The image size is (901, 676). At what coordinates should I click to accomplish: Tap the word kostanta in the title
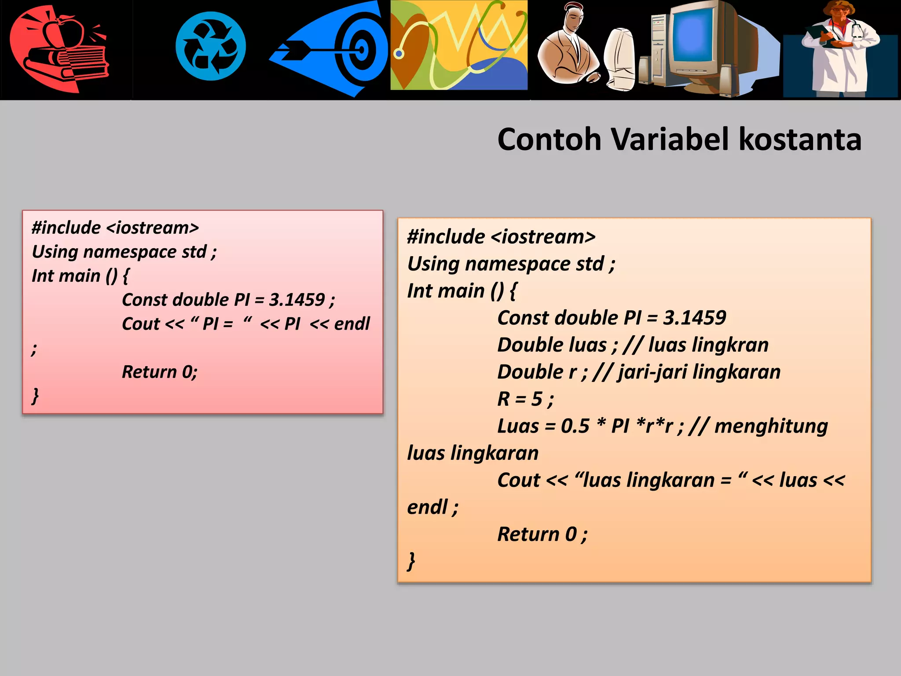[800, 140]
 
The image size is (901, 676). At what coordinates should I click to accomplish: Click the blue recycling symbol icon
[211, 46]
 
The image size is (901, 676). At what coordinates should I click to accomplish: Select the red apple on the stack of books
[70, 32]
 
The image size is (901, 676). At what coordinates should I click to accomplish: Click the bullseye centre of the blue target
[362, 49]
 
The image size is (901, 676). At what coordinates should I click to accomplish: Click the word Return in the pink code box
[149, 372]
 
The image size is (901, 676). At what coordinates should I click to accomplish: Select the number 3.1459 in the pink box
[297, 300]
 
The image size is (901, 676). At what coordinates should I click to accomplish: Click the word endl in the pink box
[352, 324]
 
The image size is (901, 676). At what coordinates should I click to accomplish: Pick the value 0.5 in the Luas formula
[575, 426]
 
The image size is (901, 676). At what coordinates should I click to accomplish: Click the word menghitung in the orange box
[771, 426]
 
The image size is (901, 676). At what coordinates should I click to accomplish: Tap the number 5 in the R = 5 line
[537, 399]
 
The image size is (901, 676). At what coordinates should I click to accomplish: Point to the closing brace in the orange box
[411, 561]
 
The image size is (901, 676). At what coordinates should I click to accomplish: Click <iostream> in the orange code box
[543, 237]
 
